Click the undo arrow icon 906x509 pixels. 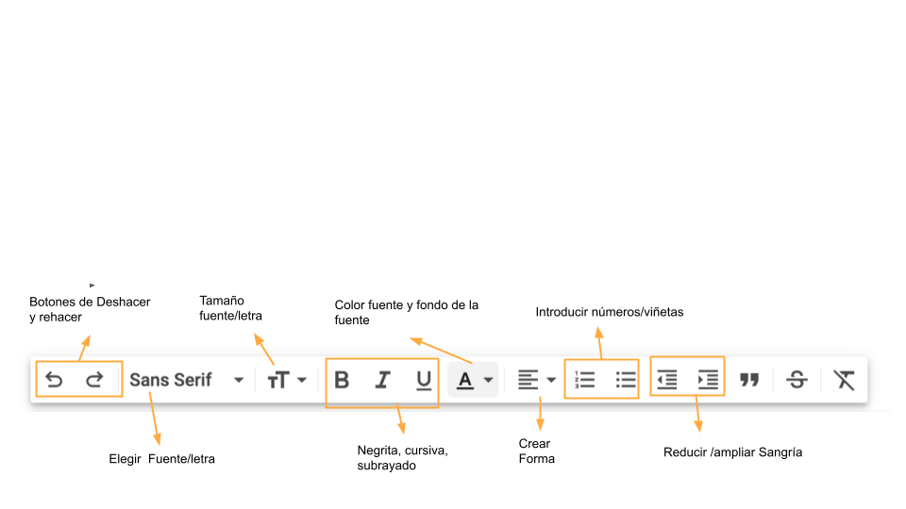click(54, 379)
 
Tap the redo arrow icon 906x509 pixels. click(94, 379)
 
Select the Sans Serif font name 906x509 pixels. click(171, 380)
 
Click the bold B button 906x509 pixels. click(342, 380)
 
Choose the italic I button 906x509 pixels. click(382, 380)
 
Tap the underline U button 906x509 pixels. click(424, 380)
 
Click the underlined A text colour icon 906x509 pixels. click(465, 380)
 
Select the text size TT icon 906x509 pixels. click(277, 380)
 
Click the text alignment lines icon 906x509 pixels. click(528, 380)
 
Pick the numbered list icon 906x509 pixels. click(585, 380)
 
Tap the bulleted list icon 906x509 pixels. click(626, 380)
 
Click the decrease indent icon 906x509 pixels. click(667, 380)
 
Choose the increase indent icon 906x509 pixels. click(708, 380)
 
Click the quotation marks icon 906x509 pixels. click(749, 380)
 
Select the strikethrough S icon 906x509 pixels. click(797, 380)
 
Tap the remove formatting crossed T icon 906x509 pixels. click(844, 380)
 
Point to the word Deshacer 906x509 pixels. click(123, 302)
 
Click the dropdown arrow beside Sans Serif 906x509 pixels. click(239, 380)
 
